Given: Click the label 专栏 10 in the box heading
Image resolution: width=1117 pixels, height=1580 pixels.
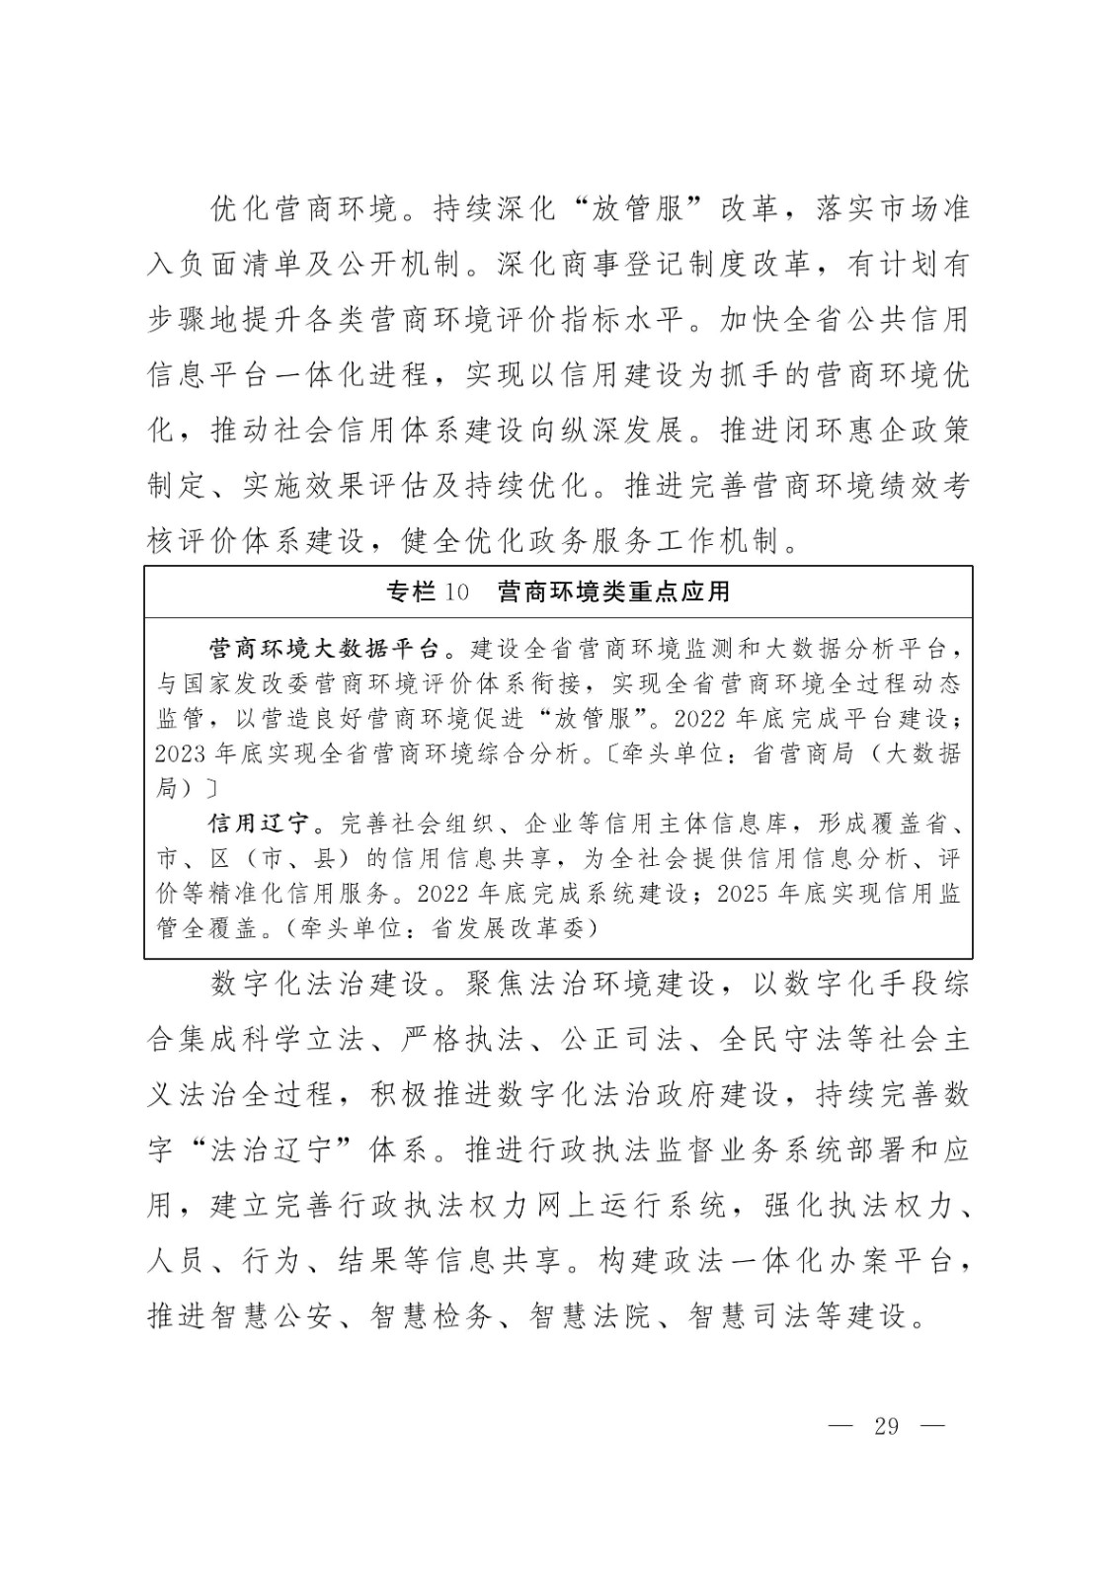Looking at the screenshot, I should click(427, 592).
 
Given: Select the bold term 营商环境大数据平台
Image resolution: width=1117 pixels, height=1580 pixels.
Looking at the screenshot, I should click(322, 649).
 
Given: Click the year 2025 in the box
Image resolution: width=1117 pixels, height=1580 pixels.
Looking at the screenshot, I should click(742, 894).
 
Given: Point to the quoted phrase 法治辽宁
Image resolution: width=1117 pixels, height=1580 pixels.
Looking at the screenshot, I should click(274, 1150).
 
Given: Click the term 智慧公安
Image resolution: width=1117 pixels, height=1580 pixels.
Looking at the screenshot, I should click(270, 1316).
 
